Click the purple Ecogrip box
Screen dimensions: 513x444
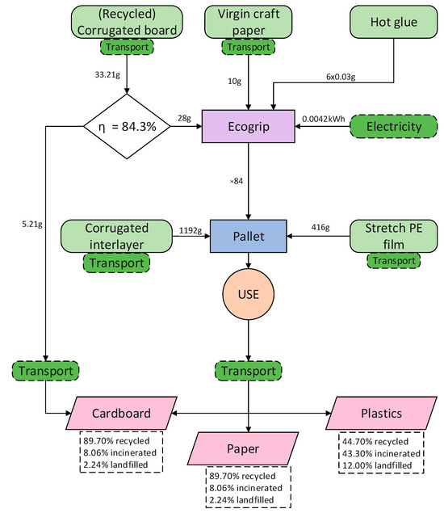point(248,127)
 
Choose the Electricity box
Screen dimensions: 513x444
point(393,127)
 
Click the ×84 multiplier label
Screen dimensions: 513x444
point(236,181)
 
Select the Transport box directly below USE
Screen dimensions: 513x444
point(248,371)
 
